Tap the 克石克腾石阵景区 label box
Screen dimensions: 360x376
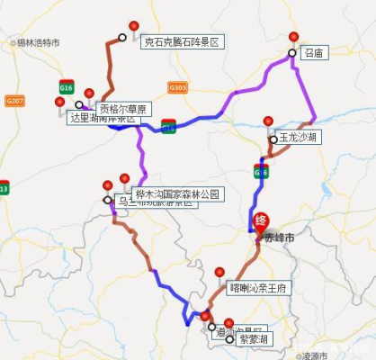pos(181,42)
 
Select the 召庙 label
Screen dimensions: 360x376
pos(313,54)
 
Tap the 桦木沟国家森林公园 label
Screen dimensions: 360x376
pos(176,194)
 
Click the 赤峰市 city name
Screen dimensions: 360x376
pos(280,238)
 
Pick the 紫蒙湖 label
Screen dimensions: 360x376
pos(255,339)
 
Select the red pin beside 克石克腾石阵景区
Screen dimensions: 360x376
pos(134,27)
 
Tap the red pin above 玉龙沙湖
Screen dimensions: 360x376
pos(268,122)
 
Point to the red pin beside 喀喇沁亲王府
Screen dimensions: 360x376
pos(219,273)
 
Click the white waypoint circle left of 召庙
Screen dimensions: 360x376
pos(291,54)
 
